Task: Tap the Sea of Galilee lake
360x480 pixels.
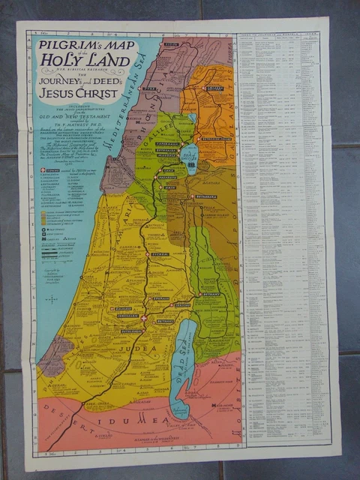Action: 190,157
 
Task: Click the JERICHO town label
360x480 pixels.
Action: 181,305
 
